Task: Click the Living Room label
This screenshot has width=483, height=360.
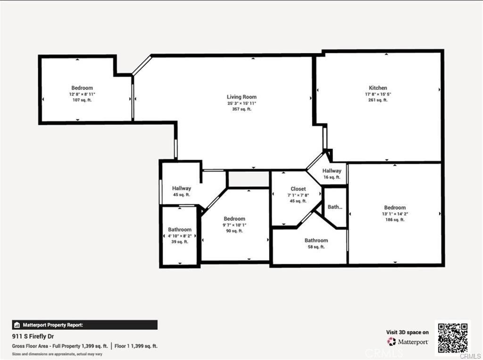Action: coord(241,97)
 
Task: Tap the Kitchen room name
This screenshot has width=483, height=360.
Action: coord(378,88)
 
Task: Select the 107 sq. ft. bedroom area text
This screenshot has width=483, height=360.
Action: coord(82,100)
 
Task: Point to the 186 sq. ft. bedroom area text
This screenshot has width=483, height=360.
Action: coord(395,220)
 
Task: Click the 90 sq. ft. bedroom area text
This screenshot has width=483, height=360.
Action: coord(234,231)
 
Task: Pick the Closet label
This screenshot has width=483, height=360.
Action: coord(298,189)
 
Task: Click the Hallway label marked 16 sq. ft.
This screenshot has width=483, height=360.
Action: coord(332,171)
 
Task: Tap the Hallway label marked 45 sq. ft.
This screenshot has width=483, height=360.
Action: coord(181,188)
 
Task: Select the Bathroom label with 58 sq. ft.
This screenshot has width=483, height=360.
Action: coord(316,240)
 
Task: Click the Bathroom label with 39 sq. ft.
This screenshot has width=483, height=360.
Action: coord(180,230)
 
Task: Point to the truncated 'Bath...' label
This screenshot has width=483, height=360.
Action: coord(335,207)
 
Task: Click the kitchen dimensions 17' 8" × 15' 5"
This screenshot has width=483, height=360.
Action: coord(378,94)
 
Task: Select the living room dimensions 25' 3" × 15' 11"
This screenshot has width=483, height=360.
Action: coord(241,103)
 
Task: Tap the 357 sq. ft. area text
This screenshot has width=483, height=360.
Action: coord(241,109)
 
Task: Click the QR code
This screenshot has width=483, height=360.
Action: coord(452,338)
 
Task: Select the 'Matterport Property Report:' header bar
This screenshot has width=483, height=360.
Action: coord(84,325)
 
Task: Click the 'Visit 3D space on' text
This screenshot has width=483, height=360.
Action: coord(407,332)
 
